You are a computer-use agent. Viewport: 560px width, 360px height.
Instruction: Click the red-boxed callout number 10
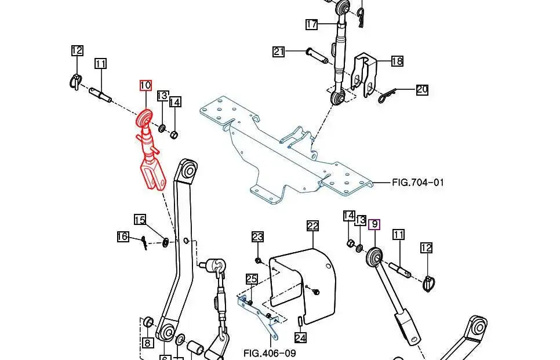tap(145, 86)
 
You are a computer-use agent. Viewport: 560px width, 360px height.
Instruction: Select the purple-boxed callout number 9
tap(374, 224)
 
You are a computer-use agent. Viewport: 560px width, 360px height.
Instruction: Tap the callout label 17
tap(312, 24)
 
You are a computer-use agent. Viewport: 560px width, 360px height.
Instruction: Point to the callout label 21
tap(279, 52)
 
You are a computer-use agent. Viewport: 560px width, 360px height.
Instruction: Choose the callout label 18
tap(397, 61)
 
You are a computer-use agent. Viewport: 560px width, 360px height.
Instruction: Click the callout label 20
tap(421, 89)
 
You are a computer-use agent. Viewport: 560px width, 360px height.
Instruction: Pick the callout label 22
tap(312, 226)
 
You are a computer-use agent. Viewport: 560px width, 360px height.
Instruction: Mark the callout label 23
tap(257, 237)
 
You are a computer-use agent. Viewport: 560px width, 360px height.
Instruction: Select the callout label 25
tap(251, 279)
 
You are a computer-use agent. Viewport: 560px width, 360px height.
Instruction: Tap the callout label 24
tap(300, 337)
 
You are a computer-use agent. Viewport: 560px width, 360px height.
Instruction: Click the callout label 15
tap(140, 220)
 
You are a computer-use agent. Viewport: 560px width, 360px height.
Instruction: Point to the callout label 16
tap(122, 237)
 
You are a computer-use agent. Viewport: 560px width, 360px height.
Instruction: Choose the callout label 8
tap(147, 343)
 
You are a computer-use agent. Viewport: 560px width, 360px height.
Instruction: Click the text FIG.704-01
tap(417, 183)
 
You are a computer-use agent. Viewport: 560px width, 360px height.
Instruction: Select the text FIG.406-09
tap(270, 352)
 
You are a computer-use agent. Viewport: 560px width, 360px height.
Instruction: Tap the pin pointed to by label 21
tap(317, 54)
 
